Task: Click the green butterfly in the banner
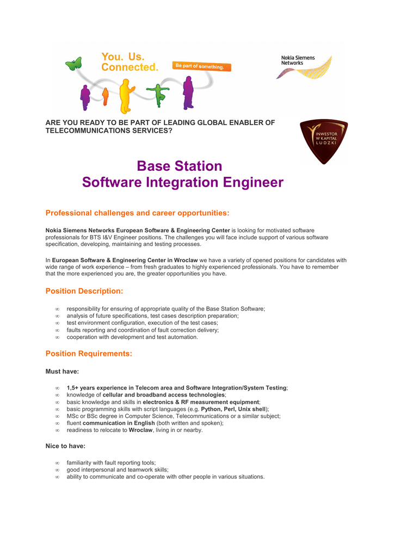73,64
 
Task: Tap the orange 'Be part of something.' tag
202,66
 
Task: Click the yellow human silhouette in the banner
126,95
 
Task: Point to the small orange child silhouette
105,97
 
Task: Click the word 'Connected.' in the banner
130,67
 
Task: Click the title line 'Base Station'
179,166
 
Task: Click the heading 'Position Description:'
84,291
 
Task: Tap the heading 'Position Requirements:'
89,354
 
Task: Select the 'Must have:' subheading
62,372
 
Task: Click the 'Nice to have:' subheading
65,446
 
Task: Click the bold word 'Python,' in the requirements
212,409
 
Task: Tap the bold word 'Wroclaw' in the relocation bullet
140,430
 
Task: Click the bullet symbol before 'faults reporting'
57,330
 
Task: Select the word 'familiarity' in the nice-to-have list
80,463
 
